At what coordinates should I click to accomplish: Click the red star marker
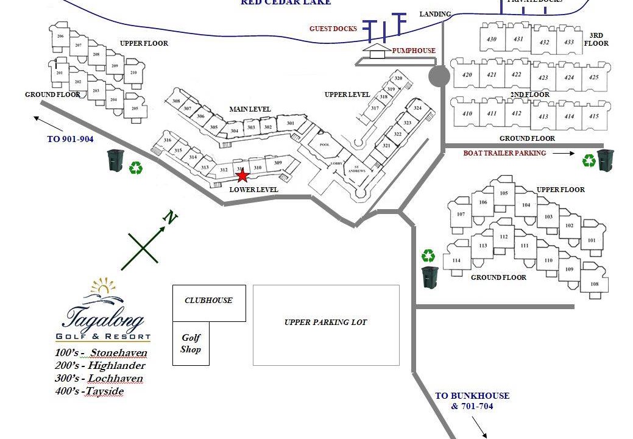tap(242, 176)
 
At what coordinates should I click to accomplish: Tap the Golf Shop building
tap(191, 343)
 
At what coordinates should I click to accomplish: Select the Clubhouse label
tap(208, 301)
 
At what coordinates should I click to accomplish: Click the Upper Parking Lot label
tap(325, 322)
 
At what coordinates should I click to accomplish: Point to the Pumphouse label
tap(414, 51)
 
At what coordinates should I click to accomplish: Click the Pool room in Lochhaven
tap(324, 145)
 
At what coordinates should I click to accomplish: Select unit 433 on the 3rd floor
tap(568, 42)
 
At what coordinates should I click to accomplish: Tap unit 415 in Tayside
tap(593, 116)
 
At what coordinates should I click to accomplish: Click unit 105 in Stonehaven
tap(503, 193)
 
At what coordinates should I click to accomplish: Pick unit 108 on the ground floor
tap(594, 284)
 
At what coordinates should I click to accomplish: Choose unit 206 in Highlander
tap(60, 37)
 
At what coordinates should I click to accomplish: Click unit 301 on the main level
tap(290, 124)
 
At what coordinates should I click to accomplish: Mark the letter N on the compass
tap(172, 218)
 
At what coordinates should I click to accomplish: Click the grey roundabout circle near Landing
tap(439, 76)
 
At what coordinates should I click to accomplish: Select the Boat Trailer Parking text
tap(504, 154)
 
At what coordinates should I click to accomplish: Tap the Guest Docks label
tap(333, 29)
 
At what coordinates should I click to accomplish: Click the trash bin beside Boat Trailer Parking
tap(604, 160)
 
